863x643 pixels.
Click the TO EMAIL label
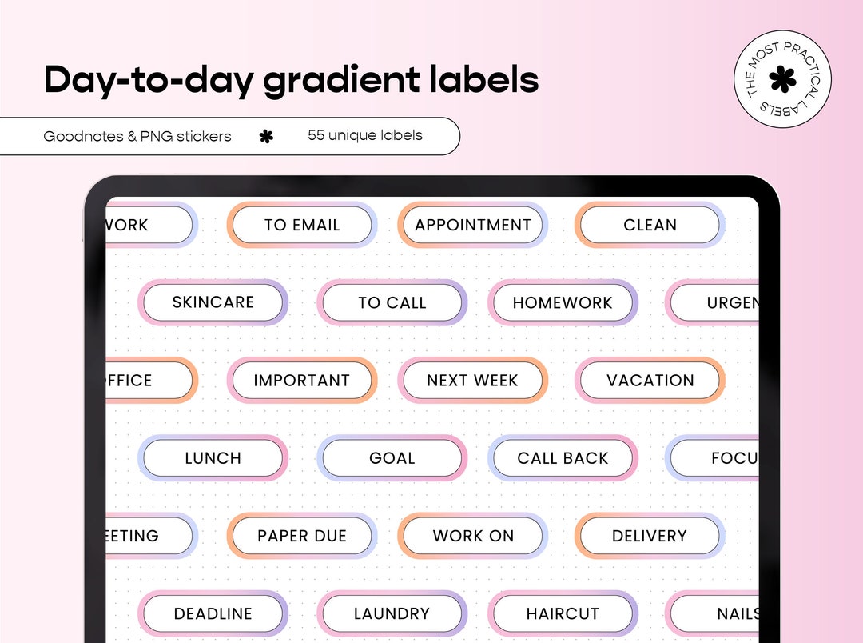coord(302,226)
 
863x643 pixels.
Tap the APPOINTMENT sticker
coord(472,226)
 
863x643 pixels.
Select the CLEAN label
coord(650,226)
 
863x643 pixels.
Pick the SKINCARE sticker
coord(213,302)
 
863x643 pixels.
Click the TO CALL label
coord(392,303)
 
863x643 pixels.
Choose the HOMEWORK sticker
coord(563,303)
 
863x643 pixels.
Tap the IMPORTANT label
coord(302,381)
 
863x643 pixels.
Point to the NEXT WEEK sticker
coord(472,381)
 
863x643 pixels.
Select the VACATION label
coord(650,381)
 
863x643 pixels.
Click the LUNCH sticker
coord(213,458)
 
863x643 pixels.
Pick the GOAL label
coord(392,458)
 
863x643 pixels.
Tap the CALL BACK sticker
coord(563,458)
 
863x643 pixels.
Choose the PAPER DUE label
coord(302,536)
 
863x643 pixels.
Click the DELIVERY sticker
coord(650,536)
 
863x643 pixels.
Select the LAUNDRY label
coord(392,613)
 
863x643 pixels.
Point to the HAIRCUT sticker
coord(563,613)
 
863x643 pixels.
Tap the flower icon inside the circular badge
coord(782,78)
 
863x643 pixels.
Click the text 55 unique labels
coord(365,135)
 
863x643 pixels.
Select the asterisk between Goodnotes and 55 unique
coord(266,137)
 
